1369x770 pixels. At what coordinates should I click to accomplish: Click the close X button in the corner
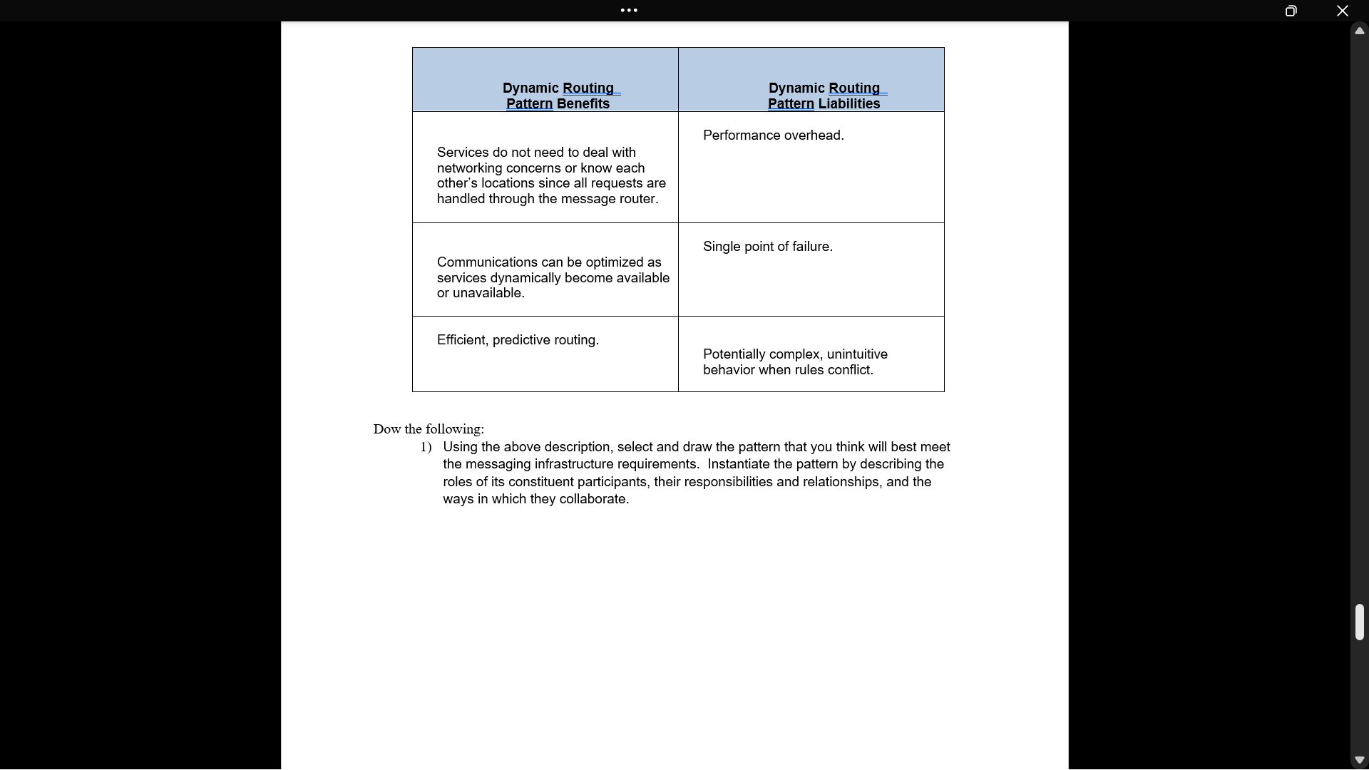1342,11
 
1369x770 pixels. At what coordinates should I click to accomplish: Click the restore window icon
1291,11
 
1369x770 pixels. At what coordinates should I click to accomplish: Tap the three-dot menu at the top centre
629,10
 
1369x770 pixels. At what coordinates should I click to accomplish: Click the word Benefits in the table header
583,104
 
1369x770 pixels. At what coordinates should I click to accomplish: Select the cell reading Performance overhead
773,135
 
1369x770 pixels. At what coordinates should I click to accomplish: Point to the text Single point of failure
767,247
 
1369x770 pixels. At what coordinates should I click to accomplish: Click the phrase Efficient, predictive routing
518,340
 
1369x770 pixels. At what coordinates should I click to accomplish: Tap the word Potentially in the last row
734,354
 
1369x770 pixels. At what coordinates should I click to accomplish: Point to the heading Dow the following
428,429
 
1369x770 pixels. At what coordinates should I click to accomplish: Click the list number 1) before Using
426,447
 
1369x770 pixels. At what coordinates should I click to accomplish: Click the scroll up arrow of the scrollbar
1359,31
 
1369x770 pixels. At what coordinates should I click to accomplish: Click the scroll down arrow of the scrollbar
1359,760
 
